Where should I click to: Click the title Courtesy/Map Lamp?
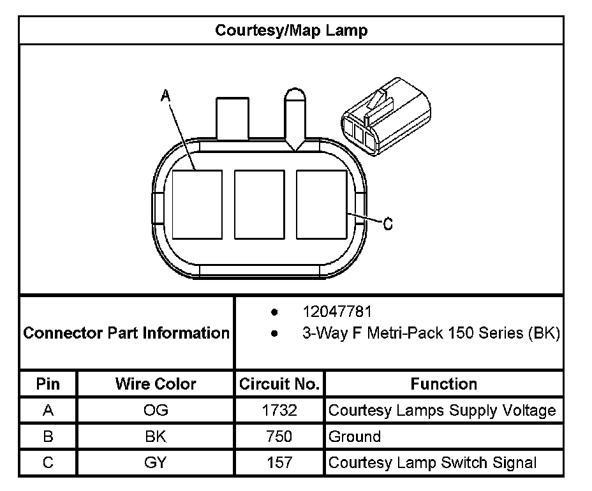point(291,31)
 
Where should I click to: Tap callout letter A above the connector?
point(165,96)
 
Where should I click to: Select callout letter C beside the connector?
point(388,224)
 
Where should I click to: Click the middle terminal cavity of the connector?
point(259,204)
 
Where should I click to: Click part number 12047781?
point(337,312)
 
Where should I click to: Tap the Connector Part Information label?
point(126,333)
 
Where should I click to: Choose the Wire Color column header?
point(156,384)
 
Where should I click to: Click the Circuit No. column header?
point(279,384)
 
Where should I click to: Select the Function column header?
point(443,384)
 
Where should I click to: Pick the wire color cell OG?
point(156,411)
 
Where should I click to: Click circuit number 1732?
point(279,411)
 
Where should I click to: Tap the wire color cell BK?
point(156,437)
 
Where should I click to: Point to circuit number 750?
point(279,437)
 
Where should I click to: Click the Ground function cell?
point(355,437)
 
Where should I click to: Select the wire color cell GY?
point(156,463)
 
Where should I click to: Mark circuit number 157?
point(279,463)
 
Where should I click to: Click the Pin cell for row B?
point(48,437)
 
